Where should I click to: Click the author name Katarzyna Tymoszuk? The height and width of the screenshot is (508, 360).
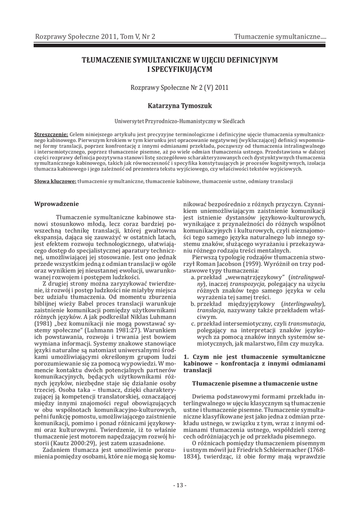click(180, 106)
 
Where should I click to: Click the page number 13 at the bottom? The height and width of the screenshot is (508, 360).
click(180, 485)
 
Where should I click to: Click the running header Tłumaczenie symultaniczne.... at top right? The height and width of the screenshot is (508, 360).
click(280, 37)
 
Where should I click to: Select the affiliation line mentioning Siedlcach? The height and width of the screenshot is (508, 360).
click(180, 121)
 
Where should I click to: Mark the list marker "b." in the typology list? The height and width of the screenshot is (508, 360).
click(193, 303)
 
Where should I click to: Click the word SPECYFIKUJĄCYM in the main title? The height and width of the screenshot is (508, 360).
click(180, 69)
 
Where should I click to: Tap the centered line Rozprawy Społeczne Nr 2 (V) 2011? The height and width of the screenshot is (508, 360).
click(180, 87)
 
